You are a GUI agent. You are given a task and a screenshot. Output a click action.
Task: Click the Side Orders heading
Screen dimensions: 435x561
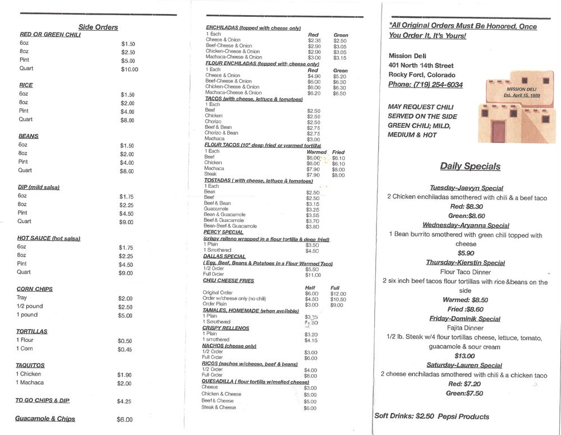coord(98,27)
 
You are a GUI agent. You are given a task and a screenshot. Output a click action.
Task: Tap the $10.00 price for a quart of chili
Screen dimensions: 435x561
coord(129,70)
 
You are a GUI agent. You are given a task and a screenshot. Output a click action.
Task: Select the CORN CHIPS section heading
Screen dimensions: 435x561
coord(34,289)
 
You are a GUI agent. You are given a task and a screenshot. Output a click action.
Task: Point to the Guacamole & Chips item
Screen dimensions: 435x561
coord(45,419)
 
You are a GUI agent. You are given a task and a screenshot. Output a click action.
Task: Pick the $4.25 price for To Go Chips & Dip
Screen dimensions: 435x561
coord(125,401)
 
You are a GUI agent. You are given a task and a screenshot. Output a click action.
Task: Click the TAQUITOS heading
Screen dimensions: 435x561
coord(30,365)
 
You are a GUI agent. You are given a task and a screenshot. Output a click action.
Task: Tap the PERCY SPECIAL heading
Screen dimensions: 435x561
coord(223,232)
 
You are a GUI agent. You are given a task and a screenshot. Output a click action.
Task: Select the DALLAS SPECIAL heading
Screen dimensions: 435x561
coord(224,256)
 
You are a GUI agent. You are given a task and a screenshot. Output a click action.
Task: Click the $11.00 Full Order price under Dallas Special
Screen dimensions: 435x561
coord(313,275)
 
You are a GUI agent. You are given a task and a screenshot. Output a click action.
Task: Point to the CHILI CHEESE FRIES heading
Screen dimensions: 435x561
coord(228,280)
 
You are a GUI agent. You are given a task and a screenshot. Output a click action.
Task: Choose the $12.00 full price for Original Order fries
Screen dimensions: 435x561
coord(338,294)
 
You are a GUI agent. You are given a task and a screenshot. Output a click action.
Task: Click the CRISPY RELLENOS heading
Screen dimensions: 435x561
coord(226,328)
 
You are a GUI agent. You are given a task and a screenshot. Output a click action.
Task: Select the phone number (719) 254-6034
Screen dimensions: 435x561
coord(426,85)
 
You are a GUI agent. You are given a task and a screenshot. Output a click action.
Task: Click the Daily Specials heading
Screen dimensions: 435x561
coord(470,166)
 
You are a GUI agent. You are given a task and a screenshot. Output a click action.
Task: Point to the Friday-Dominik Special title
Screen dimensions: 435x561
coord(465,319)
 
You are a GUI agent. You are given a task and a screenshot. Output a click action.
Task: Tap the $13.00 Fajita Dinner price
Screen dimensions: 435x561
coord(464,356)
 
